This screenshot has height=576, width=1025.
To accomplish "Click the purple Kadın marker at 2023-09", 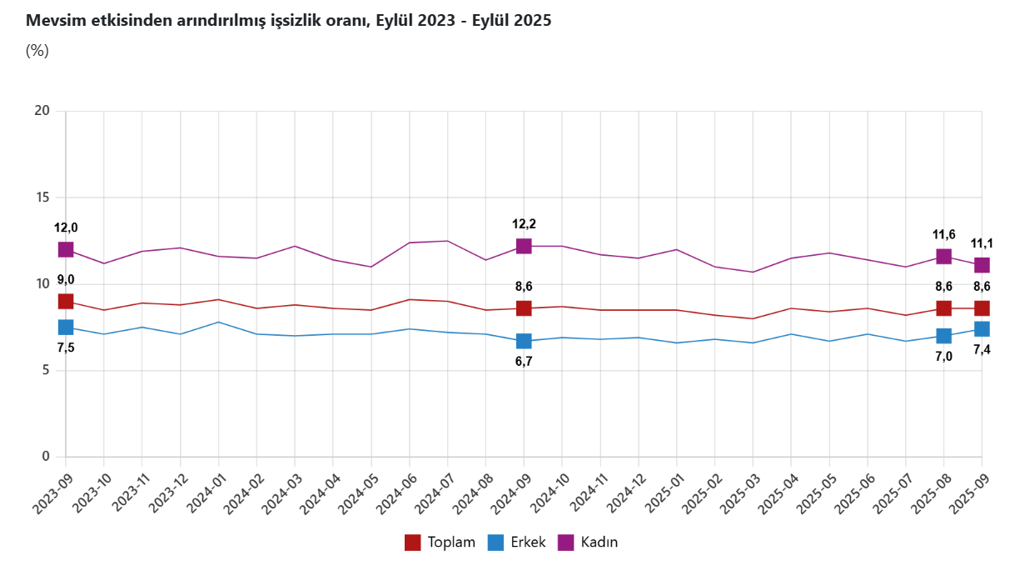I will tap(66, 249).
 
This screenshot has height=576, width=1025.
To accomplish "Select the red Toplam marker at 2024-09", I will tap(524, 308).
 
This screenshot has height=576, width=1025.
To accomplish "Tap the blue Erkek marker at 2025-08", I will tap(943, 336).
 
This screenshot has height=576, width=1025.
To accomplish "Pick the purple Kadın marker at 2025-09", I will tap(982, 265).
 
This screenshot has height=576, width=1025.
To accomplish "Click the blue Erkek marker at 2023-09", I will tap(66, 328).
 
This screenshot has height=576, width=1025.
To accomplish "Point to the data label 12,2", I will tap(524, 224).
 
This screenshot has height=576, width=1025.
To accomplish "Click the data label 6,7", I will tap(524, 362).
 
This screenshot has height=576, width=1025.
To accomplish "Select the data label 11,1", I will tap(982, 244).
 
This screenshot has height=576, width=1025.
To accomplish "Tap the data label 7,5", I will tap(66, 348).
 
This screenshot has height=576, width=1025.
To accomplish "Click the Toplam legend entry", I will tap(440, 543).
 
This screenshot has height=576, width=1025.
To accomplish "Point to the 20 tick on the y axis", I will tap(42, 111).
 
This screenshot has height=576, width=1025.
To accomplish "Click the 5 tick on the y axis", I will tap(47, 370).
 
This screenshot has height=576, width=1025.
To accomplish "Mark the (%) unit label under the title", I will tap(37, 50).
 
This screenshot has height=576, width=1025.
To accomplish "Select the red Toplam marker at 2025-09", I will tap(982, 308).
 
